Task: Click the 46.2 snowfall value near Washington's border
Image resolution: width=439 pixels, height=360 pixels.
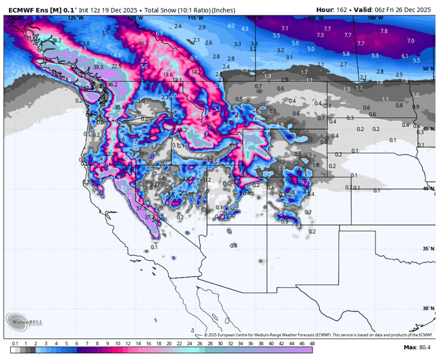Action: (112, 85)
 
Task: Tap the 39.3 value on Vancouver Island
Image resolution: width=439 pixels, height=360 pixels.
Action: (99, 68)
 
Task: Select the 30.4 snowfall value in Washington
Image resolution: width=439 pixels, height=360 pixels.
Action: (119, 107)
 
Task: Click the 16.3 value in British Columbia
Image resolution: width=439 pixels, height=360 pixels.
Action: (143, 43)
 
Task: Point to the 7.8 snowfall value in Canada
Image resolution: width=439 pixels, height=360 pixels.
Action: (384, 31)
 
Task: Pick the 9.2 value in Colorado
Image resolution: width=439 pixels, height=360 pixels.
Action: (304, 182)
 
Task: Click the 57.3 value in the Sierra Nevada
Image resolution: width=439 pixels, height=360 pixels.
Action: (140, 209)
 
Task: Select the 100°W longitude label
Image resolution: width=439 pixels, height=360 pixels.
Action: (376, 18)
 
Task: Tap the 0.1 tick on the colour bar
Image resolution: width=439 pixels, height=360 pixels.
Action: (15, 344)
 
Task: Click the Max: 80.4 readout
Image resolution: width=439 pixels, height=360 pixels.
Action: (417, 347)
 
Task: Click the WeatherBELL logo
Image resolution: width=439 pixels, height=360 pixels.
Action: (24, 322)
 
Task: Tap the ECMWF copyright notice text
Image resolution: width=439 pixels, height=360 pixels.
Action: (317, 334)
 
